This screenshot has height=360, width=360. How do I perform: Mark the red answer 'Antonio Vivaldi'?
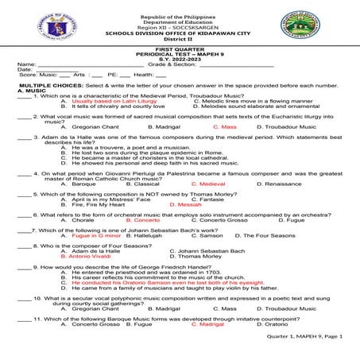(x=90, y=256)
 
